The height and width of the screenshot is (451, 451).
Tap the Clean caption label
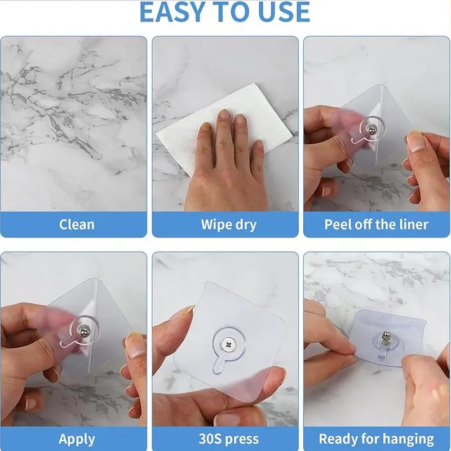click(x=77, y=224)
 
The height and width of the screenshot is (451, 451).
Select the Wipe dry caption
click(x=228, y=224)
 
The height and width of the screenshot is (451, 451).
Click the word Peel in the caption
click(x=339, y=224)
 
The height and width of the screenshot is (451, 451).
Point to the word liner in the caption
click(x=411, y=224)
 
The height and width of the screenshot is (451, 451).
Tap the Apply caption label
click(x=77, y=439)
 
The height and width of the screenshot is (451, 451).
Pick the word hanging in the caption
click(x=408, y=439)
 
